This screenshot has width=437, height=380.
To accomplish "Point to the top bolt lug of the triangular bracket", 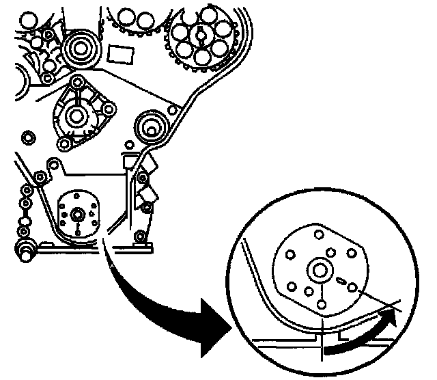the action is (x=77, y=82).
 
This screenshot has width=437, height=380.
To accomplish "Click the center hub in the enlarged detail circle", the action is (x=319, y=269).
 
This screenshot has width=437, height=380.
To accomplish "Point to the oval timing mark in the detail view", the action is (x=342, y=278).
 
